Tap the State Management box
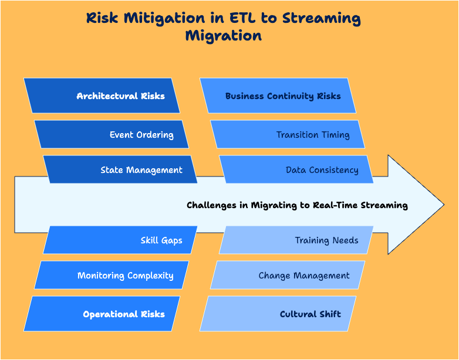coord(120,169)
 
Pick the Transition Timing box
coord(288,134)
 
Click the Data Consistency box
coord(296,169)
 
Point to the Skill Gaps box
coord(120,240)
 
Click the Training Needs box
coord(296,240)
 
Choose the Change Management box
coord(288,275)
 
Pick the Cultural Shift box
coord(278,314)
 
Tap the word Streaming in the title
coord(321,18)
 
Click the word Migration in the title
coord(223,35)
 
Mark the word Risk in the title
coord(103,18)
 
